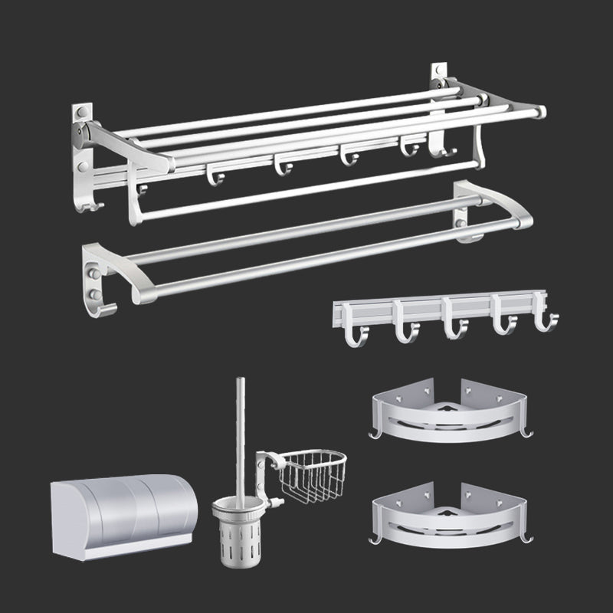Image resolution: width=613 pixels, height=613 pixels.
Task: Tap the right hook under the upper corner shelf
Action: pos(527,434)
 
